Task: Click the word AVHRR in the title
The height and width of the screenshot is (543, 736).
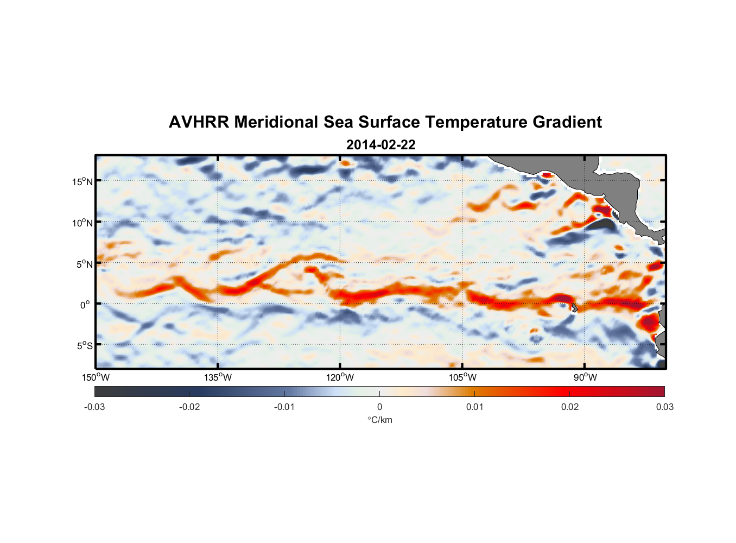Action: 199,122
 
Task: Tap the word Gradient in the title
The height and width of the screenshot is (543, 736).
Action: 567,122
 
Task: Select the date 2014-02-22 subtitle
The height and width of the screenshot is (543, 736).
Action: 380,145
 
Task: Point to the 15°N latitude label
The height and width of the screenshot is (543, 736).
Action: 83,181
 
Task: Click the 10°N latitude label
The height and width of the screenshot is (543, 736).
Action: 83,223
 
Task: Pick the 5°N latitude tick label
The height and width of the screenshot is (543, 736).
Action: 84,264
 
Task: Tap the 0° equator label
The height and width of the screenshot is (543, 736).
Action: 85,305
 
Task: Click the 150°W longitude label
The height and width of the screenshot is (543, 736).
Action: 96,377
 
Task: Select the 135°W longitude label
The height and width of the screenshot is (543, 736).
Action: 218,377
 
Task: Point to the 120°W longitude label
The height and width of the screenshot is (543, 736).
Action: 340,377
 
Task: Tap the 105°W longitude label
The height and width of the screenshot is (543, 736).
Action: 462,377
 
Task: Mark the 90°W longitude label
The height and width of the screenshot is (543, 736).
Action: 585,377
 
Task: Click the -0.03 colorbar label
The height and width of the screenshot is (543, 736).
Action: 94,407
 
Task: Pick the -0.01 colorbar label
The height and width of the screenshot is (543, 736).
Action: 284,407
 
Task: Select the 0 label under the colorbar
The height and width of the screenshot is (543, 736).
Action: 379,407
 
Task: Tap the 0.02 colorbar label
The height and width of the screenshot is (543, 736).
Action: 570,407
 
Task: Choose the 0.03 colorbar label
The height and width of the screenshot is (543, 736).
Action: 664,407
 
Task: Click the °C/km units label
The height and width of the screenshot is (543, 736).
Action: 380,420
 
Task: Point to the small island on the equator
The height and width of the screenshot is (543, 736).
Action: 574,307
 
